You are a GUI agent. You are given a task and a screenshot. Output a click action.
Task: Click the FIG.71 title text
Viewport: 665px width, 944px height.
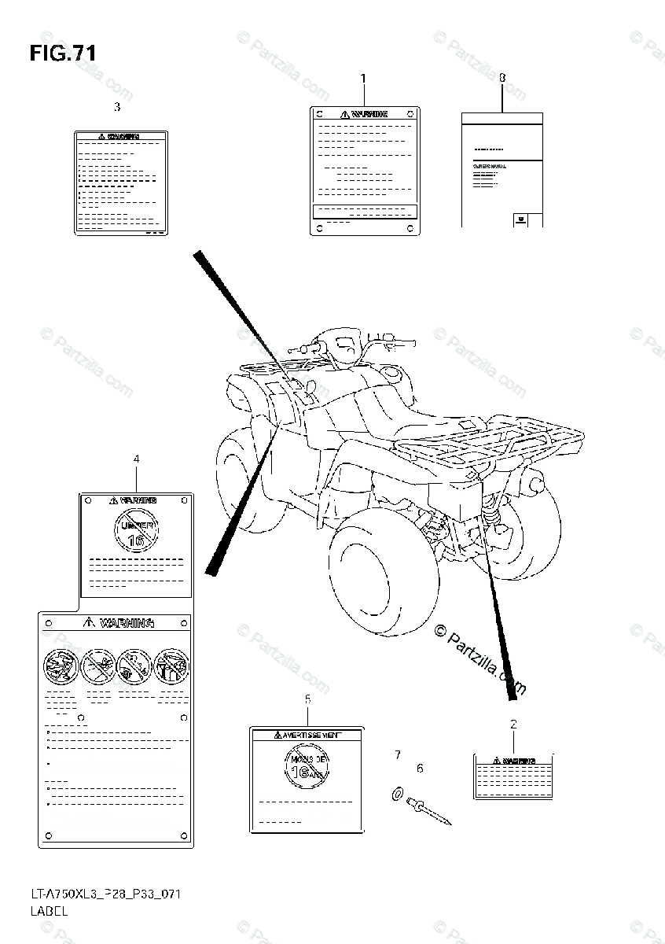[x=63, y=53]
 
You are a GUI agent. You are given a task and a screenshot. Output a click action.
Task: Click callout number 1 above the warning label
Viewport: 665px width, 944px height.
[x=363, y=78]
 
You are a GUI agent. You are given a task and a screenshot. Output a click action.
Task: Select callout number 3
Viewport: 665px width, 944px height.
[x=117, y=106]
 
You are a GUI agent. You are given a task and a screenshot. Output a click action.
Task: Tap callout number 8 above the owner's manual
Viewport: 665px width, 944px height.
[x=502, y=78]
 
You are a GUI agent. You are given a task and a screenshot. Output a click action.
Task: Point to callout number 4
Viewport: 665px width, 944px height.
[x=136, y=458]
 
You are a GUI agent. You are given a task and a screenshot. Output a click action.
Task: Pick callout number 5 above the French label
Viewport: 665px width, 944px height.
[x=307, y=699]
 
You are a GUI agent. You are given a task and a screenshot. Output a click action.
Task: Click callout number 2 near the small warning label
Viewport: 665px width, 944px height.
[x=513, y=723]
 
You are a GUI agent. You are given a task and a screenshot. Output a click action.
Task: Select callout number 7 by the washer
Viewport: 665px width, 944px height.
[x=398, y=755]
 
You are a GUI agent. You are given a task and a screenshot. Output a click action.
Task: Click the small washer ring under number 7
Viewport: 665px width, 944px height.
[x=395, y=794]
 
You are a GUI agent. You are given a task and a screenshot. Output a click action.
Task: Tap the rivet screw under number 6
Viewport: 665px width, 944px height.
[x=429, y=811]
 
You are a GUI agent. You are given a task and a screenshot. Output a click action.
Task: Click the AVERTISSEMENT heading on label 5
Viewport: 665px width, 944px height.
[x=307, y=735]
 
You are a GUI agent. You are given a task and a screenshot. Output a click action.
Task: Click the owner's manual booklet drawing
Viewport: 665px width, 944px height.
[x=502, y=170]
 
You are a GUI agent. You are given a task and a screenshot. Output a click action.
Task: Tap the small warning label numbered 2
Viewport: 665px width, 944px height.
[x=513, y=777]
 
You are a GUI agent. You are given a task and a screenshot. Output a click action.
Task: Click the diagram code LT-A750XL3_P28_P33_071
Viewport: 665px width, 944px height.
[x=97, y=896]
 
